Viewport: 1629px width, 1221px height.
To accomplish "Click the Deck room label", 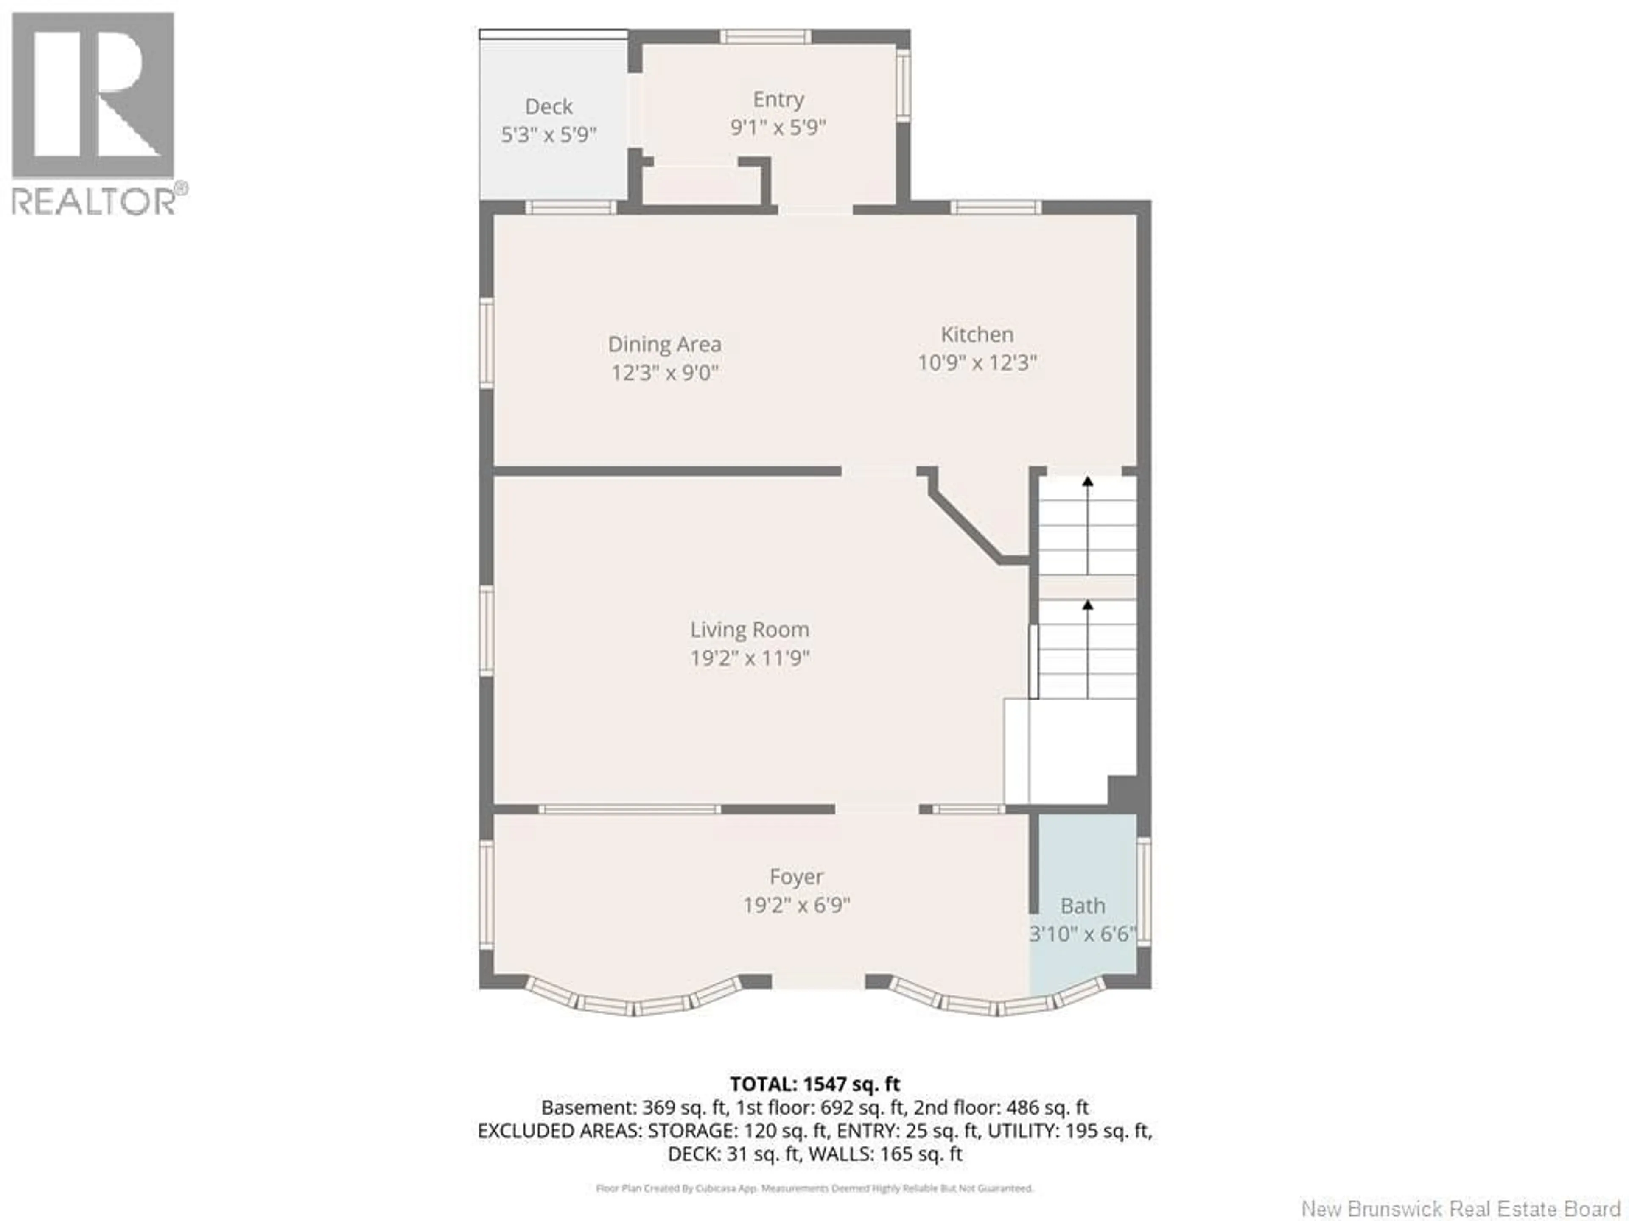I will [549, 107].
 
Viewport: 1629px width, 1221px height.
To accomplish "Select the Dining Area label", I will [664, 344].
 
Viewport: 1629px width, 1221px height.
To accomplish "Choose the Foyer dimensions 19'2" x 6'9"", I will [796, 905].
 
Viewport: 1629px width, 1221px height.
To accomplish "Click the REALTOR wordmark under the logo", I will [94, 201].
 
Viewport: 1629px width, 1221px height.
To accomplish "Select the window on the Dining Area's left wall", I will [486, 342].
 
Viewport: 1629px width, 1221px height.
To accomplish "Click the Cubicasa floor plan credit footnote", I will [814, 1188].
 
